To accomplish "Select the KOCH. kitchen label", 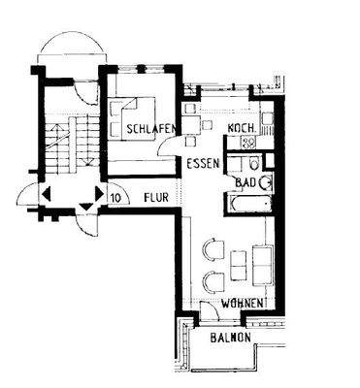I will [x=240, y=129].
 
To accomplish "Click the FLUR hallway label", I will [x=156, y=197].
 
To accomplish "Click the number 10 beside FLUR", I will [x=115, y=197].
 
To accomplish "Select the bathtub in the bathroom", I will [x=249, y=205].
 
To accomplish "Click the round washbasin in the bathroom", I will [x=264, y=181].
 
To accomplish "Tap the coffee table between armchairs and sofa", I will [x=239, y=265].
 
